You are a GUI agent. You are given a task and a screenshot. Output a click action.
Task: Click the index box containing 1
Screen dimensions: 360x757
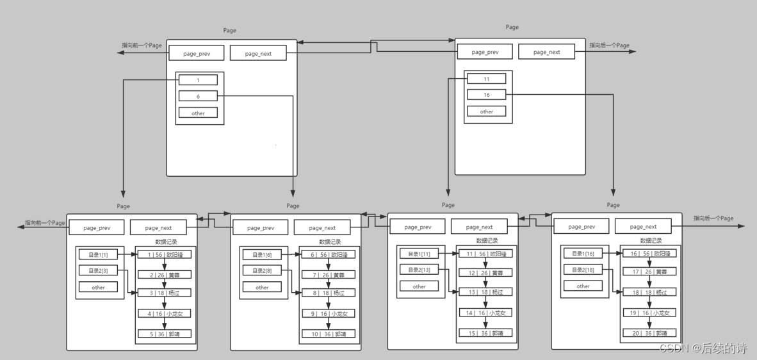click(198, 80)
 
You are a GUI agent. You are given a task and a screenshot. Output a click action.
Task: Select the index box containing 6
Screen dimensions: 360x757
click(198, 96)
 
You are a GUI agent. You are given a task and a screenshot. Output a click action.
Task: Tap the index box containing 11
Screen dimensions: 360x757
click(487, 79)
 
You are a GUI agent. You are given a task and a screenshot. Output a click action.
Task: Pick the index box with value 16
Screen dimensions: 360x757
click(487, 95)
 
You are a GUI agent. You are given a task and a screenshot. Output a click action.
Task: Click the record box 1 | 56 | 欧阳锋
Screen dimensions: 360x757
click(165, 254)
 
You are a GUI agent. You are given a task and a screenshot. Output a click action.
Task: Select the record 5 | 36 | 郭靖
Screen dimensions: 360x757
click(165, 334)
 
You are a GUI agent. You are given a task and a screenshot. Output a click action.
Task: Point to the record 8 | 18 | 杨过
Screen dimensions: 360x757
click(329, 293)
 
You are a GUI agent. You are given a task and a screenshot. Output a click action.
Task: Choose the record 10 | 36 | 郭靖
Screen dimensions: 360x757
click(329, 334)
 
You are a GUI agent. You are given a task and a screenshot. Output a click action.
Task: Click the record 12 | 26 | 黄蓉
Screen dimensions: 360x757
click(485, 273)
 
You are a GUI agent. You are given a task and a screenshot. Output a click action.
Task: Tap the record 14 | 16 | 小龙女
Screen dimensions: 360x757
click(485, 313)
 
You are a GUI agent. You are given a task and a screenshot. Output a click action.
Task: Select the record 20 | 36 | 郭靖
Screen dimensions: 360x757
click(649, 333)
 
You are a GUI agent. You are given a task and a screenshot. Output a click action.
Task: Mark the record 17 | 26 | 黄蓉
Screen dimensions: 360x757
click(649, 272)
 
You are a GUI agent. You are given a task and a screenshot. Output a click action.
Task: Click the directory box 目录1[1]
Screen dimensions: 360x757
click(98, 254)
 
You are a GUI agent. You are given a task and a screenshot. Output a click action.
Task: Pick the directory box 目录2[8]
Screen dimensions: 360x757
click(262, 271)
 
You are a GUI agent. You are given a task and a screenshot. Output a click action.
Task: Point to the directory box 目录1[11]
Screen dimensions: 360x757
click(419, 254)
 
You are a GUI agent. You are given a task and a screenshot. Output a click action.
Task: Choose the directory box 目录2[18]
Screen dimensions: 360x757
click(583, 270)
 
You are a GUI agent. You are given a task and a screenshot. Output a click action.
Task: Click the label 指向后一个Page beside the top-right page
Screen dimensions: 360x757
click(609, 45)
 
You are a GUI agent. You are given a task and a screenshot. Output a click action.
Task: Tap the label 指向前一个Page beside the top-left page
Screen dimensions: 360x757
click(142, 45)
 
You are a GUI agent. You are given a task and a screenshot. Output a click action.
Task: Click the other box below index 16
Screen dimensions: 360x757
click(487, 111)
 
